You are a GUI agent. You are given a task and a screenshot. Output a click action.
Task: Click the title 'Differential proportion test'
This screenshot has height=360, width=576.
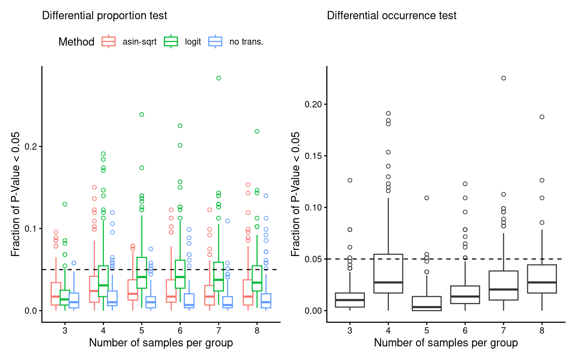click(x=104, y=16)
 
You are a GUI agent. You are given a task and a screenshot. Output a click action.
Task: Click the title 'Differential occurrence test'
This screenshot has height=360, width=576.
click(x=391, y=16)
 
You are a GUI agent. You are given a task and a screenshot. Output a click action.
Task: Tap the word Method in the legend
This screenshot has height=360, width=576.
click(x=76, y=42)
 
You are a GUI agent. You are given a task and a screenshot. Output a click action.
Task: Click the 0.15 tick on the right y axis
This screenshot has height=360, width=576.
click(x=313, y=156)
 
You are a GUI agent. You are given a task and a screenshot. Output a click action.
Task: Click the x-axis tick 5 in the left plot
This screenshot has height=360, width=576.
click(x=142, y=330)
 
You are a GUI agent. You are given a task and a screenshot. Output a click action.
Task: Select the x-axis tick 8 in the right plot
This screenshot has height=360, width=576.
click(x=542, y=330)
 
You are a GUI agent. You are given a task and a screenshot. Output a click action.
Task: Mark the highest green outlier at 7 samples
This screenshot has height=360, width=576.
click(x=219, y=78)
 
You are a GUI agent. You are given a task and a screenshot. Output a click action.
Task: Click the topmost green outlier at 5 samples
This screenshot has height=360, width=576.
click(x=142, y=114)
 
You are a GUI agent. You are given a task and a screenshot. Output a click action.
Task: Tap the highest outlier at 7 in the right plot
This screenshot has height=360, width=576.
click(x=504, y=78)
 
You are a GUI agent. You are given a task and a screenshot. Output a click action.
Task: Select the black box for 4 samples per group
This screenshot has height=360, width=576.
click(x=388, y=273)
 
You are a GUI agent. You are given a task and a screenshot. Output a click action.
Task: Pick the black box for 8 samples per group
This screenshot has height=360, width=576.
click(x=542, y=279)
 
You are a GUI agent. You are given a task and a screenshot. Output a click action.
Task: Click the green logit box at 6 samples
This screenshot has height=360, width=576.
click(x=180, y=274)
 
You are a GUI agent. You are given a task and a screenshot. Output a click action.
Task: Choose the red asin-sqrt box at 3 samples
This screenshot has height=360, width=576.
click(x=56, y=294)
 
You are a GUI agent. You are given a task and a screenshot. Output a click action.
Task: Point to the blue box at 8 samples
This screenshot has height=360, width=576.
click(x=266, y=301)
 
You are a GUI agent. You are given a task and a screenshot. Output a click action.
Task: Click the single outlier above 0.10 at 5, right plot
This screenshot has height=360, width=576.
click(x=427, y=198)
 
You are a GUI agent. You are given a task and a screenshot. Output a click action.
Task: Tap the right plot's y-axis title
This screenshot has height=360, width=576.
click(x=296, y=194)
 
